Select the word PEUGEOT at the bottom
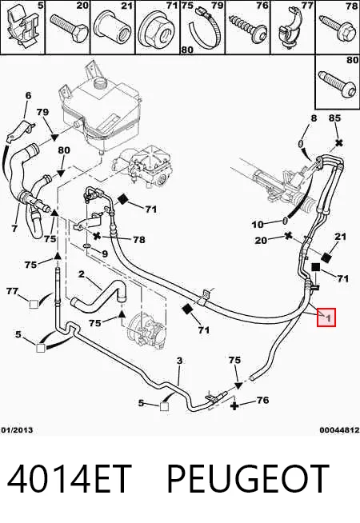(x=247, y=479)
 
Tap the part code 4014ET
(x=69, y=479)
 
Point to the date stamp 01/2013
(x=17, y=430)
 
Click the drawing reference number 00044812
(x=339, y=430)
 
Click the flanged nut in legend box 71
(x=156, y=30)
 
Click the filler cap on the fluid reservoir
(x=100, y=82)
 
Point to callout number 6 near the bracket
(x=28, y=96)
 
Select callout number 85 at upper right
(x=334, y=118)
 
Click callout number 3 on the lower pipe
(x=179, y=361)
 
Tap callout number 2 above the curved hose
(x=82, y=274)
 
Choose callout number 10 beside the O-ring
(x=258, y=225)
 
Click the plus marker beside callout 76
(x=234, y=405)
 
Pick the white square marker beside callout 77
(x=34, y=304)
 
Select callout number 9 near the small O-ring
(x=105, y=254)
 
